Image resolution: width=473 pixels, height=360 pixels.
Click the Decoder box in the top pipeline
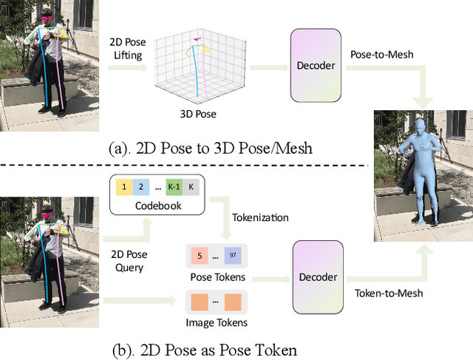(316, 65)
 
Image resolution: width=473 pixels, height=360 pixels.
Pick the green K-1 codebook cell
(177, 187)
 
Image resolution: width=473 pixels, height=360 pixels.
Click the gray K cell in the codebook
(193, 187)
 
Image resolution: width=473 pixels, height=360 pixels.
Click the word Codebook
(158, 205)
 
